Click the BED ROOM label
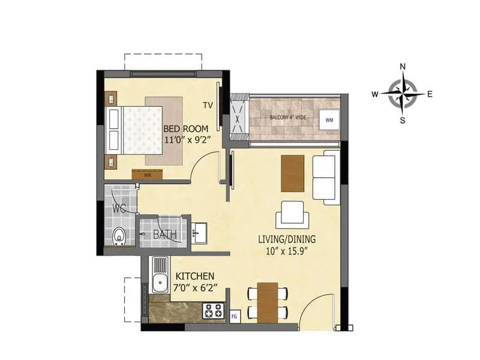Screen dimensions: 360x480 (186, 128)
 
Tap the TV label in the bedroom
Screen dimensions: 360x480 (208, 106)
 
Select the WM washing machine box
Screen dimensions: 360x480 (329, 119)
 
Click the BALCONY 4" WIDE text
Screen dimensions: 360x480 (288, 117)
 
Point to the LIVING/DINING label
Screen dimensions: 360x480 (287, 239)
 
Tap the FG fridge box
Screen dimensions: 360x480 (235, 314)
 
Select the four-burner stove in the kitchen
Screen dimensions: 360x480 (214, 311)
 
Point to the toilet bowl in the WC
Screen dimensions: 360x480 (119, 236)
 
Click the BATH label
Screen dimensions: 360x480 (164, 235)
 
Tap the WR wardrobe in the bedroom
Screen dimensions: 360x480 (147, 175)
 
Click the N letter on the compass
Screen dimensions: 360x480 (403, 67)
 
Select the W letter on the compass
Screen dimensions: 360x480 (374, 94)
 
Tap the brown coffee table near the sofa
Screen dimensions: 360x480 (293, 173)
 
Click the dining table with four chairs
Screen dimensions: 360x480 (268, 301)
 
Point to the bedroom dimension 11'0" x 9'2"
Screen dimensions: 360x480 (186, 140)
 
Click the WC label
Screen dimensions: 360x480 (119, 209)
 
